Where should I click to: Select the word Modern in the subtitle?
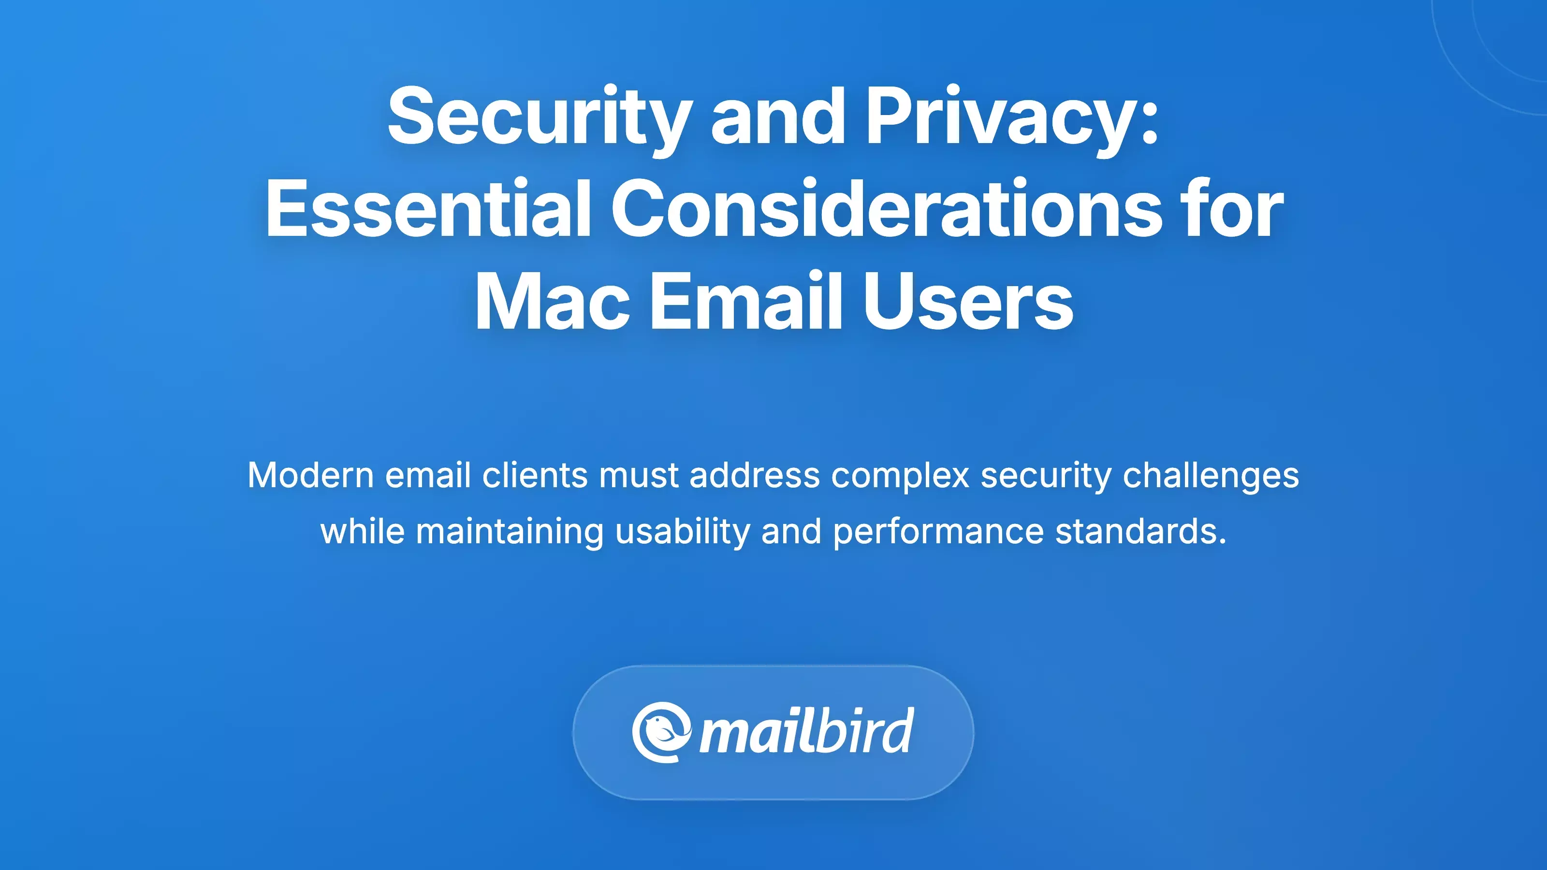pyautogui.click(x=311, y=476)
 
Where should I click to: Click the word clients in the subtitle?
pyautogui.click(x=535, y=476)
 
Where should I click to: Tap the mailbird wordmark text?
pyautogui.click(x=806, y=732)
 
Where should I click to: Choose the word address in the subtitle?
pyautogui.click(x=754, y=476)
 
